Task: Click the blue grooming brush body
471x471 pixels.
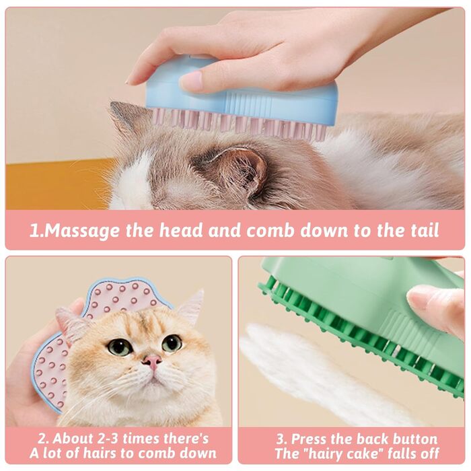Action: (x=240, y=93)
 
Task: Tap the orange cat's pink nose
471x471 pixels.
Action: (x=151, y=361)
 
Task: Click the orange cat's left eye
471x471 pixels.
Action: (x=119, y=347)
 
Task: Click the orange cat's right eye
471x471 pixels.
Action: (x=172, y=342)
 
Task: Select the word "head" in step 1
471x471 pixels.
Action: (x=181, y=230)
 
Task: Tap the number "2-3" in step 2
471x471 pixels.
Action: (x=109, y=439)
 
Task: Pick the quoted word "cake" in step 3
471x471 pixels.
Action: (x=370, y=454)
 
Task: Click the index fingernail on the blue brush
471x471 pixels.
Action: (x=191, y=79)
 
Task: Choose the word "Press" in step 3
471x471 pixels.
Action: (x=311, y=439)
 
